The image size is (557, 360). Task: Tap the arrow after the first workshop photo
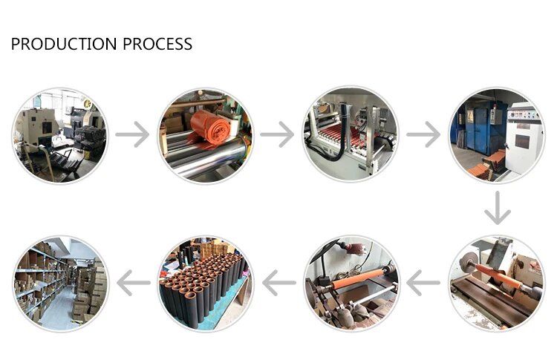click(132, 134)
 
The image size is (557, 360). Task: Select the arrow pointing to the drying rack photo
click(278, 134)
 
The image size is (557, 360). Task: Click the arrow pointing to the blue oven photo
click(423, 134)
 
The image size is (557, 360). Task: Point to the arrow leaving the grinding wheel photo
click(423, 283)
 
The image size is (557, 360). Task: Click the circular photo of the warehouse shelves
click(60, 283)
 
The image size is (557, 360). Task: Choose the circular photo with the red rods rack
click(351, 134)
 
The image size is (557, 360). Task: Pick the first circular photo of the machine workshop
click(60, 134)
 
